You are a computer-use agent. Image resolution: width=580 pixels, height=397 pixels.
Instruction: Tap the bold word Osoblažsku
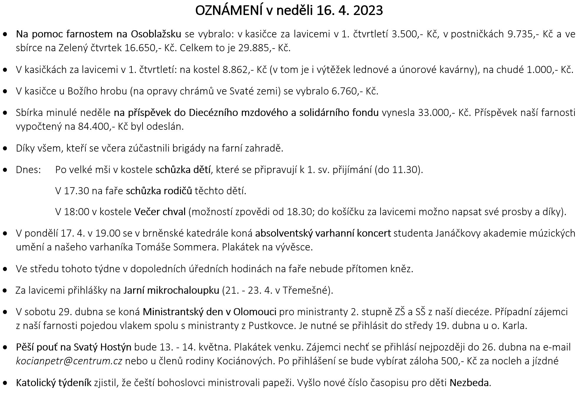156,34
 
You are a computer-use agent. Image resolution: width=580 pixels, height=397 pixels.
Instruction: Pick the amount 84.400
96,126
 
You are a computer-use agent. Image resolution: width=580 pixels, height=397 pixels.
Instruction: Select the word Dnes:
28,170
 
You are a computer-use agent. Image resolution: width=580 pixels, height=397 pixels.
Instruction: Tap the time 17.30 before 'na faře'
76,191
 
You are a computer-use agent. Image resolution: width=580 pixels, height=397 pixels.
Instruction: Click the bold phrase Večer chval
160,212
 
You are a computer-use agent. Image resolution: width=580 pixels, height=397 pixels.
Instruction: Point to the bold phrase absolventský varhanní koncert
323,233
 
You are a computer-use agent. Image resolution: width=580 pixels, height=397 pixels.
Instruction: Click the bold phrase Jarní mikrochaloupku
171,290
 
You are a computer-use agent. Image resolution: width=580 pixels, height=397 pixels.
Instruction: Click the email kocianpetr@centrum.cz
69,361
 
